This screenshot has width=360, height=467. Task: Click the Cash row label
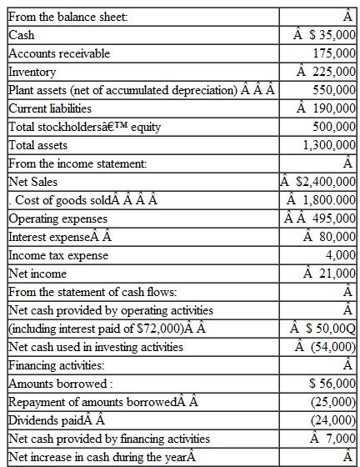pyautogui.click(x=22, y=35)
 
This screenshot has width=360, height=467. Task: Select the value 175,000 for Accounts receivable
pyautogui.click(x=334, y=53)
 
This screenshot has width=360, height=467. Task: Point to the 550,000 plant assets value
pyautogui.click(x=334, y=90)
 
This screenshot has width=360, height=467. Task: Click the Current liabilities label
pyautogui.click(x=50, y=108)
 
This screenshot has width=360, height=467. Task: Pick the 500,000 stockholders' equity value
pyautogui.click(x=334, y=127)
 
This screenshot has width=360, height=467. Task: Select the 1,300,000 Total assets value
pyautogui.click(x=330, y=145)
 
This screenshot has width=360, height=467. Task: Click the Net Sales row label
pyautogui.click(x=31, y=182)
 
